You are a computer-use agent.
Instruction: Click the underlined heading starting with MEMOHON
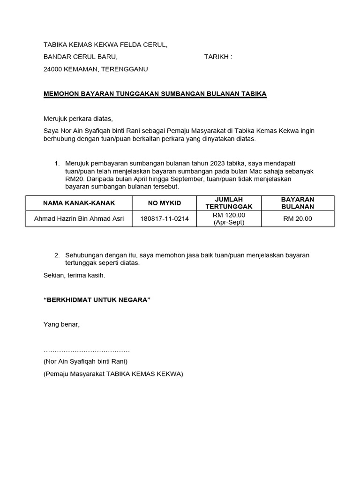coord(155,94)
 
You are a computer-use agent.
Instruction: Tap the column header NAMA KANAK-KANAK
coord(79,203)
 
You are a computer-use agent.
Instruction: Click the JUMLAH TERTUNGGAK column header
coord(229,203)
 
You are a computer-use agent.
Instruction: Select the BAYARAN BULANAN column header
coord(298,203)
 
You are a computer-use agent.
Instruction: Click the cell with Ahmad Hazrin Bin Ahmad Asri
coord(79,219)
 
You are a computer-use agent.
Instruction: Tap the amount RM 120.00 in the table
coord(229,215)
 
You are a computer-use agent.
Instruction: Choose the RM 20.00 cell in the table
coord(298,219)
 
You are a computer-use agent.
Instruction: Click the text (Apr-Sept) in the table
coord(229,223)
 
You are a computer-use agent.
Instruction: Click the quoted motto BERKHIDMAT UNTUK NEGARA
coord(97,300)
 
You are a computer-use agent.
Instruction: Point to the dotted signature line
coord(86,351)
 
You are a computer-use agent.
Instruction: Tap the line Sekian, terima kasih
coord(74,276)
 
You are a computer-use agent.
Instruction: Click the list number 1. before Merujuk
coord(57,164)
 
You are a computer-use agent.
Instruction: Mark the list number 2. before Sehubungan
coord(57,255)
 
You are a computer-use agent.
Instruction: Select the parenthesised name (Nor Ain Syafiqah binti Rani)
coord(85,361)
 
